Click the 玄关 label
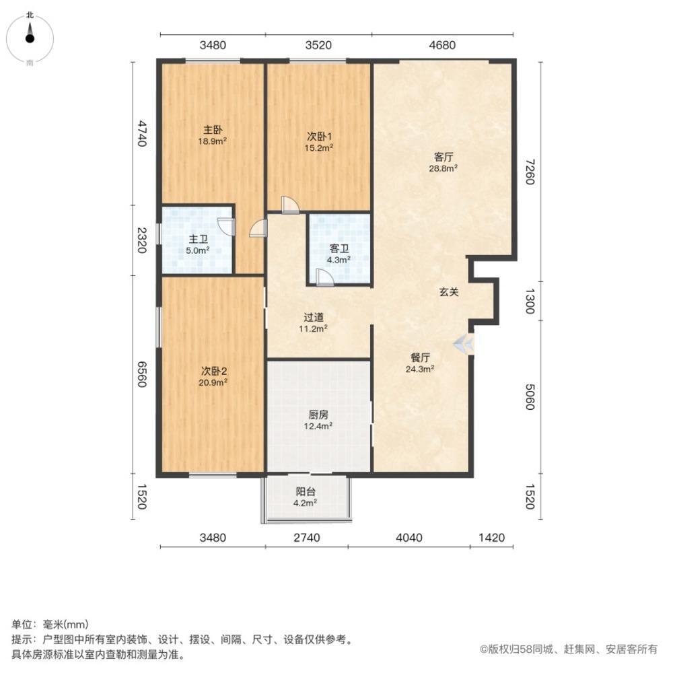(449, 292)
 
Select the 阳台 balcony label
(306, 491)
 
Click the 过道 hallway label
(314, 317)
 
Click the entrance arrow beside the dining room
(463, 344)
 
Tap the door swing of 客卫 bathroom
(324, 277)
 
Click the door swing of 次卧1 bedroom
(290, 205)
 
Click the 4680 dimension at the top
(442, 46)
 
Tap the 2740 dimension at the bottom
(306, 537)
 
